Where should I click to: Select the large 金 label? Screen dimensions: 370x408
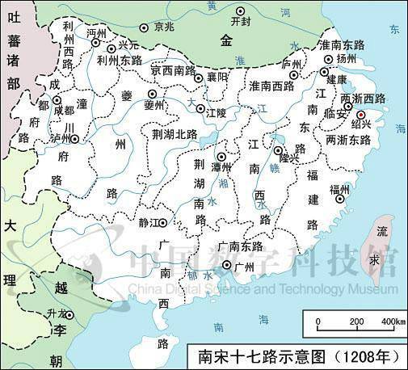click(x=227, y=40)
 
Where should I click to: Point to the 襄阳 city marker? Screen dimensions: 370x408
click(x=203, y=77)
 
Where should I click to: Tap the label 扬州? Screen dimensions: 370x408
click(x=346, y=59)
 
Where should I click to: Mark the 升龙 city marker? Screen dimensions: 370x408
click(x=70, y=315)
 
